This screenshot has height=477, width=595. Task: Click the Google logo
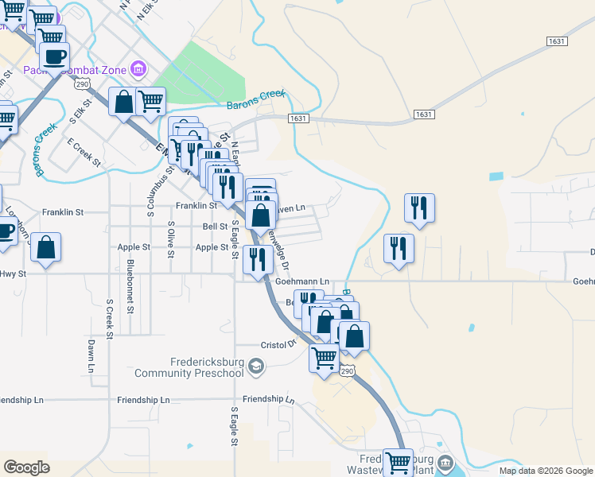point(27,467)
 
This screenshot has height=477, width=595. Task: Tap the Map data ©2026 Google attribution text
point(546,471)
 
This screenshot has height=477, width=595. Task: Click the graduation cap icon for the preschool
point(255,366)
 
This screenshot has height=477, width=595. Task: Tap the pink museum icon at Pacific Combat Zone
point(139,70)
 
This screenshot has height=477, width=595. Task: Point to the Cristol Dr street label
point(278,345)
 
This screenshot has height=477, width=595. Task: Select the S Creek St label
point(110,319)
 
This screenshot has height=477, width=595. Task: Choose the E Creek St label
point(84,152)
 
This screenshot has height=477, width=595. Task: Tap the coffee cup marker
point(54,56)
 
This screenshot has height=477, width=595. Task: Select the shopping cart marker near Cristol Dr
point(324,357)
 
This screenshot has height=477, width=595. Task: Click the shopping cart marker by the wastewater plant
point(398,462)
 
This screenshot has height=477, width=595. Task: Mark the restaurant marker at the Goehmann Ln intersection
point(257,258)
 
